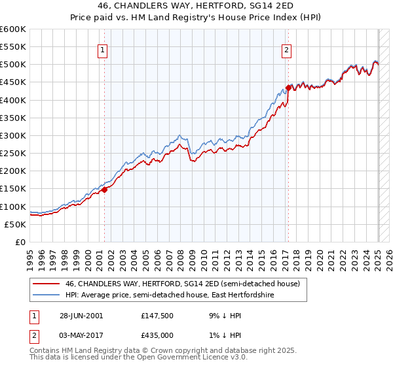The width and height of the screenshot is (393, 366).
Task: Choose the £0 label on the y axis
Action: [20, 242]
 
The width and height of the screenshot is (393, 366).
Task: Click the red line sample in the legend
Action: [46, 284]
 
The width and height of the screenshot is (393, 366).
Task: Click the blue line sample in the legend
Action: [46, 295]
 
